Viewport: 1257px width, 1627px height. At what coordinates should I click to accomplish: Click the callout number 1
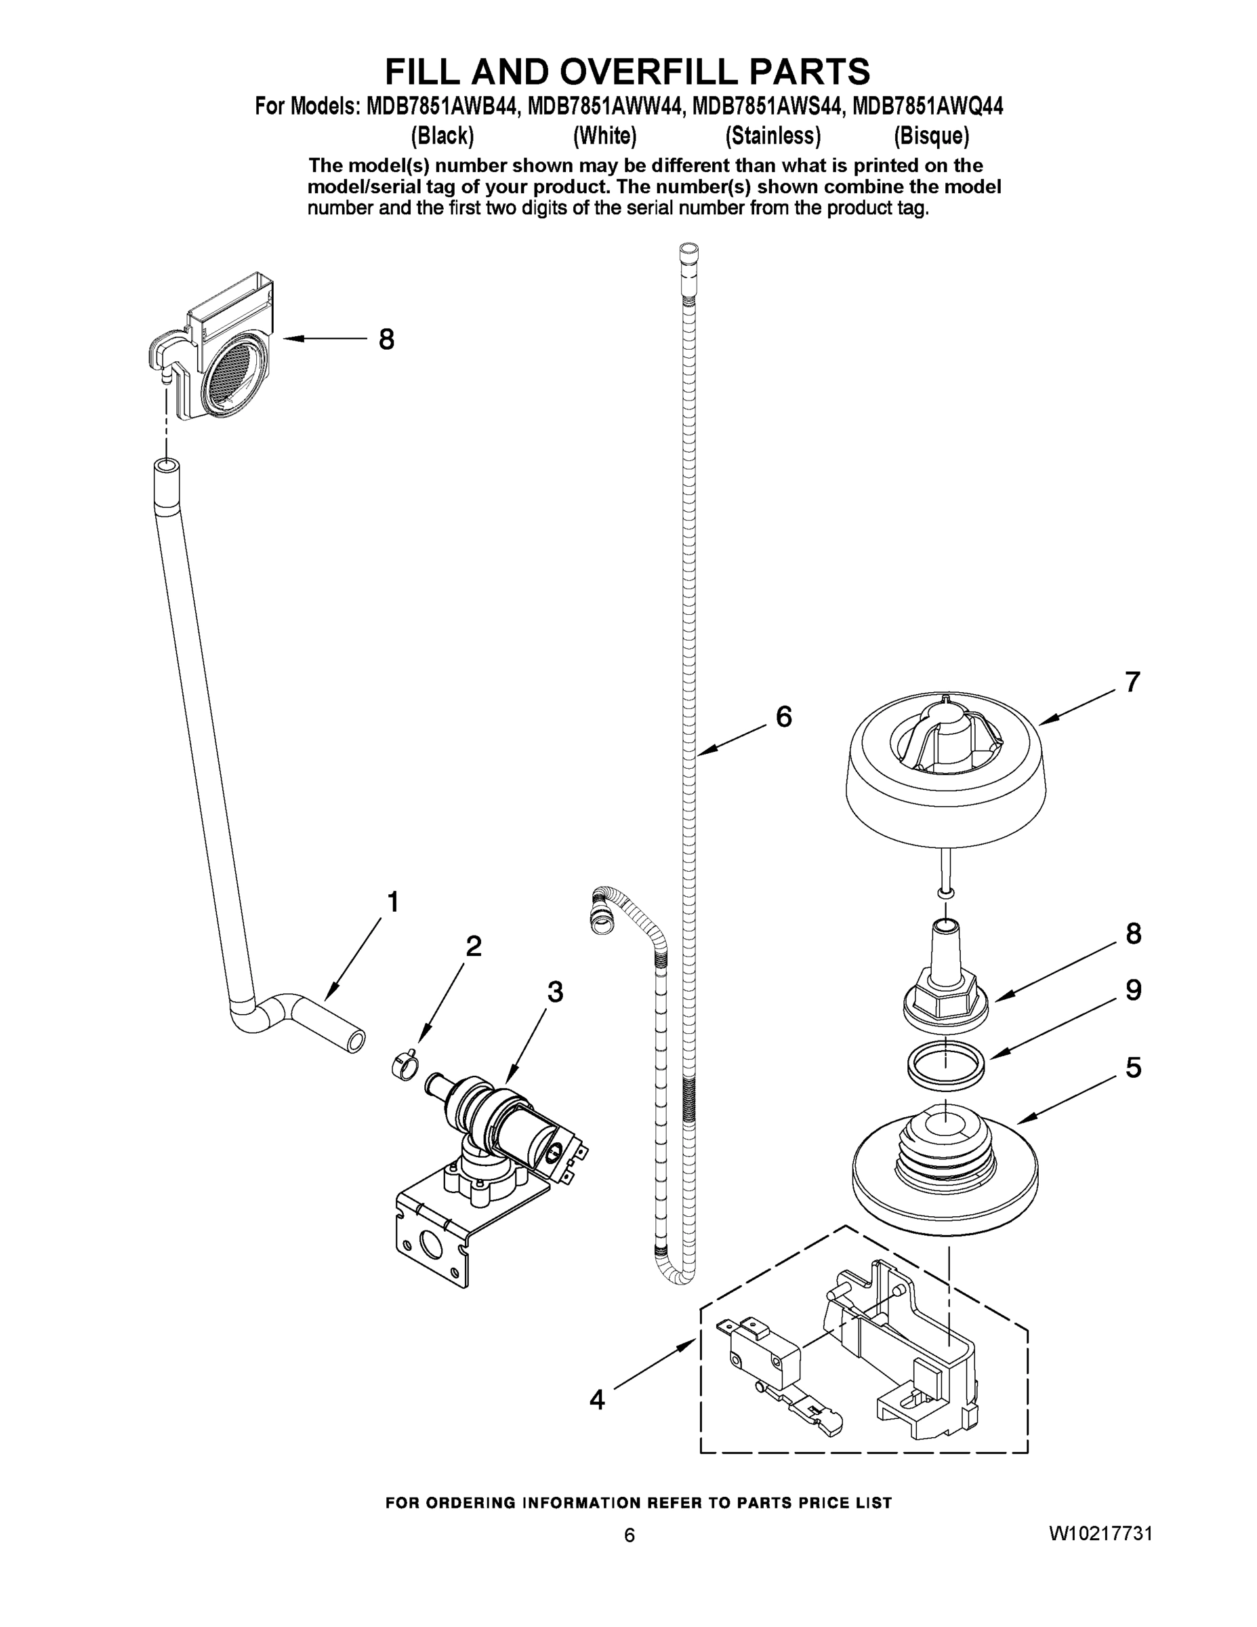tap(392, 902)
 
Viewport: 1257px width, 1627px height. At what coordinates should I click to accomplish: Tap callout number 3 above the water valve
tap(555, 992)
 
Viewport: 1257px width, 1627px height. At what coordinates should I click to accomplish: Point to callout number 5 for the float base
tap(1132, 1068)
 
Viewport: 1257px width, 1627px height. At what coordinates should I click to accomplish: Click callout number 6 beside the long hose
tap(783, 717)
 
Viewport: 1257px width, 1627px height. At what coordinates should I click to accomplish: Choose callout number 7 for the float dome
tap(1132, 681)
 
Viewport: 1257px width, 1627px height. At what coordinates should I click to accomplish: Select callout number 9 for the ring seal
tap(1132, 990)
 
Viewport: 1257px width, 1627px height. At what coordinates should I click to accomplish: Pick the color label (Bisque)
tap(932, 136)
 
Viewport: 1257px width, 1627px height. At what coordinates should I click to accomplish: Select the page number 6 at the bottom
tap(630, 1550)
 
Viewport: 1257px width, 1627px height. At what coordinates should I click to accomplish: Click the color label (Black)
tap(442, 136)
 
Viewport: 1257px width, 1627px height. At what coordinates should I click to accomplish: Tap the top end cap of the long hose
tap(690, 251)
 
